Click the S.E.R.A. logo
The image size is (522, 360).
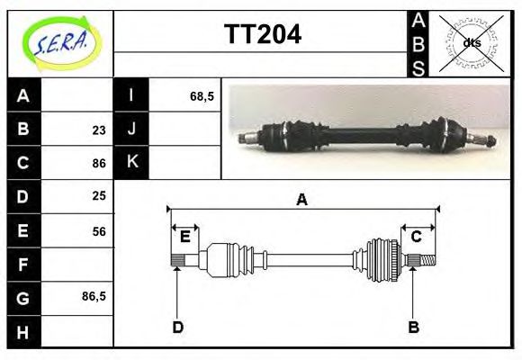pos(60,42)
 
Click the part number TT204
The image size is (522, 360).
pos(262,35)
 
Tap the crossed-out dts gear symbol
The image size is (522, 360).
pos(471,42)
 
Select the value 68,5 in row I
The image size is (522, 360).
pos(202,95)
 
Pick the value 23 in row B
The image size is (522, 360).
pos(98,130)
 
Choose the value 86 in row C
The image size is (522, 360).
pos(98,164)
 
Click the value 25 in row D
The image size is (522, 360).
pos(98,196)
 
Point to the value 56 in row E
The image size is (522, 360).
pos(98,230)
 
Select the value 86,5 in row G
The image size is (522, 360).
pos(94,295)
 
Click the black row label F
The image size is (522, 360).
pos(23,264)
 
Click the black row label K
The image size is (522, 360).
pos(131,162)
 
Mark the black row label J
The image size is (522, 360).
pos(131,129)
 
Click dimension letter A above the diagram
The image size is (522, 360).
pos(302,200)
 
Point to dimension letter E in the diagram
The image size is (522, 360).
pos(184,237)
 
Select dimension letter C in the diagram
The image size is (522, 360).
pos(417,237)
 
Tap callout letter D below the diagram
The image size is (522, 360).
pos(177,328)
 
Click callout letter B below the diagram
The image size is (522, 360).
pos(413,328)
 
